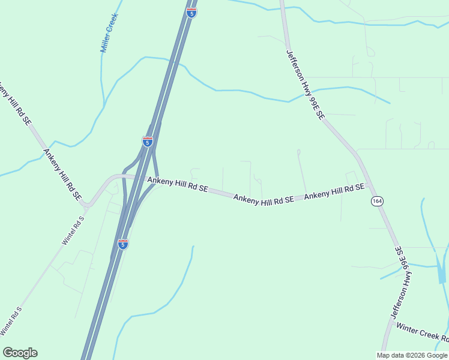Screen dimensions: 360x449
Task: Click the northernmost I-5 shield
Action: [x=191, y=13]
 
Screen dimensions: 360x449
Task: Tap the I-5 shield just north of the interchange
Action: [x=148, y=142]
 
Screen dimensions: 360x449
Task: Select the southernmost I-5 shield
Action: [x=122, y=244]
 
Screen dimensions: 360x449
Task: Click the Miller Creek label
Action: [x=109, y=34]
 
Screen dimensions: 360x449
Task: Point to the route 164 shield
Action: [x=376, y=201]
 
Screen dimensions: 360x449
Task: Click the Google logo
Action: [x=20, y=353]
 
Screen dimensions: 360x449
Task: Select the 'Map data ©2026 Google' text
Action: [x=412, y=355]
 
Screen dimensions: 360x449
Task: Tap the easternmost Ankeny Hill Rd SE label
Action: [x=334, y=192]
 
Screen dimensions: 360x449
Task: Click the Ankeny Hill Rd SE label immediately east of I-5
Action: [x=178, y=184]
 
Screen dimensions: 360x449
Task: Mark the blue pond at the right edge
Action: [x=442, y=270]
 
